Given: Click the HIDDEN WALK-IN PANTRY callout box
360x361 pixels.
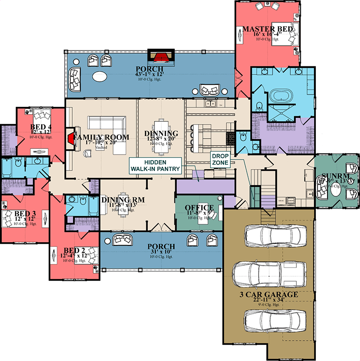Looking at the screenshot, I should point(155,166).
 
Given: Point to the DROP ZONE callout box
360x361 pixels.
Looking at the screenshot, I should point(221,159).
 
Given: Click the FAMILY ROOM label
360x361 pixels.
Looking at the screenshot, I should point(102,138).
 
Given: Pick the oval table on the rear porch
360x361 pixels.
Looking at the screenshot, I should point(100,75).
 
